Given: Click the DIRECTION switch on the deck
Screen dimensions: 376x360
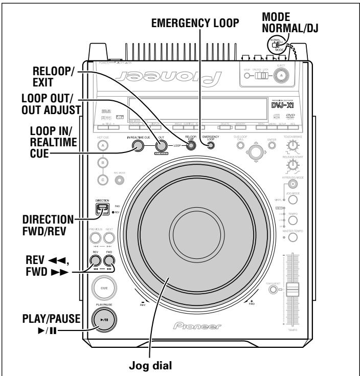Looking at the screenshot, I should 103,209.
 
